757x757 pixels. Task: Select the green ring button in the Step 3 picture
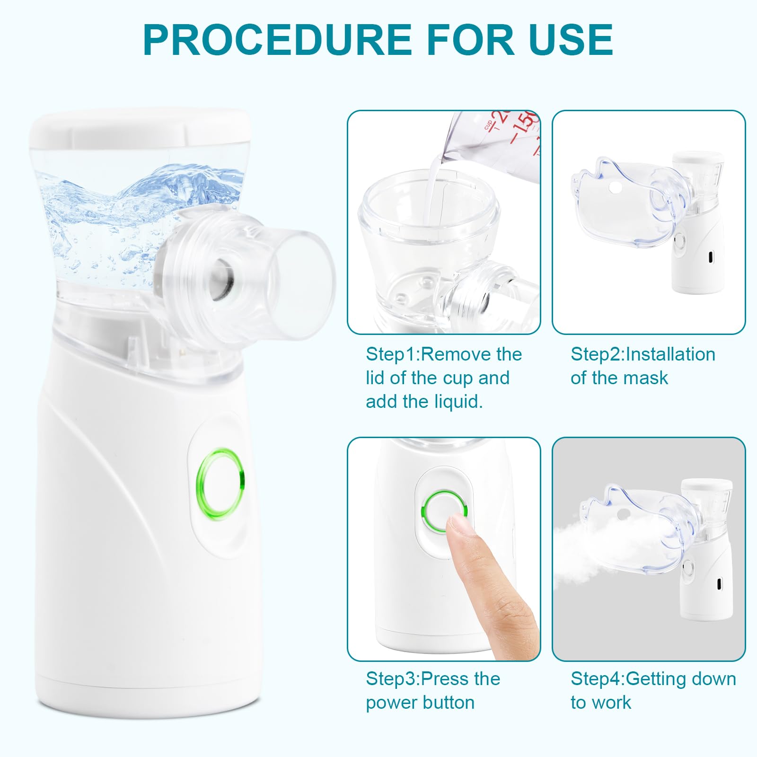pos(444,511)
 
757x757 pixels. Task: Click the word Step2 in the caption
pos(598,355)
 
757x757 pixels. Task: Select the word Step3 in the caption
pos(392,679)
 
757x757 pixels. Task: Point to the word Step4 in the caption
pos(598,679)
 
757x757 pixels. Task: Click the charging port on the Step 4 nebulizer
pos(720,585)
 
